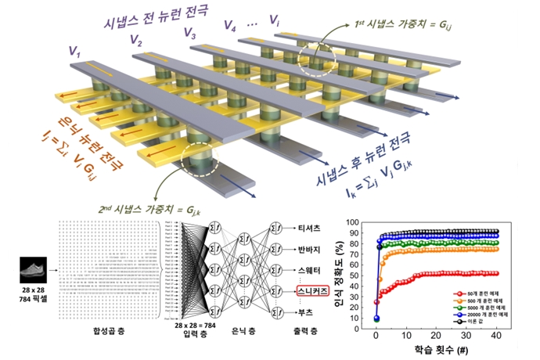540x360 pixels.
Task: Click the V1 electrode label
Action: tap(74, 52)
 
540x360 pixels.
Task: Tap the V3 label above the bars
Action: tap(189, 32)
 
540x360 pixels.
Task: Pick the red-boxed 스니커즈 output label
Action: tap(291, 291)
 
